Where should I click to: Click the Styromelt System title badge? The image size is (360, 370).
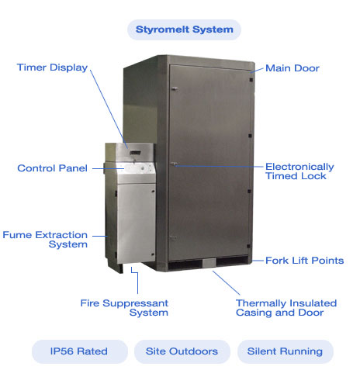coord(184,29)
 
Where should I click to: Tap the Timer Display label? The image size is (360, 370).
coord(52,67)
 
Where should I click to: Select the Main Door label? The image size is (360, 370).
coord(292,68)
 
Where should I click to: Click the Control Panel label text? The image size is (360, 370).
coord(52,168)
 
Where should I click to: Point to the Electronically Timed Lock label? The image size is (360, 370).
coord(299,171)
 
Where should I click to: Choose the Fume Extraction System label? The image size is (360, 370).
coord(45,240)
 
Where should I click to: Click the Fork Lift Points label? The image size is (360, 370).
coord(304,261)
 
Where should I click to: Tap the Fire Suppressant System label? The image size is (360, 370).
coord(124,308)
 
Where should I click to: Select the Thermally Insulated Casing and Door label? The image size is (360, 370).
coord(286,308)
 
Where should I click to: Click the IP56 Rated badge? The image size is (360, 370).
coord(80,351)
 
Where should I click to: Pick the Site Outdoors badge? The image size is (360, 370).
coord(182,351)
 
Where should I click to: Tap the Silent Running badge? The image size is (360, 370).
coord(285,351)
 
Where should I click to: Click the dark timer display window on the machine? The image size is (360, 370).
coord(135,153)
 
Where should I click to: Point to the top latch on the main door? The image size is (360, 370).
coord(174,89)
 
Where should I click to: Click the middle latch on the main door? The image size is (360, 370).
coord(174,164)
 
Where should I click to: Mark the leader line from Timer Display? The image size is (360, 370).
coord(109,109)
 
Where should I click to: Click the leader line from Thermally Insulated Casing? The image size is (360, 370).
coord(226,282)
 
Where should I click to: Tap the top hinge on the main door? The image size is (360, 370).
coord(251,80)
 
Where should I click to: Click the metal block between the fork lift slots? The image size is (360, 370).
coord(209,263)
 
